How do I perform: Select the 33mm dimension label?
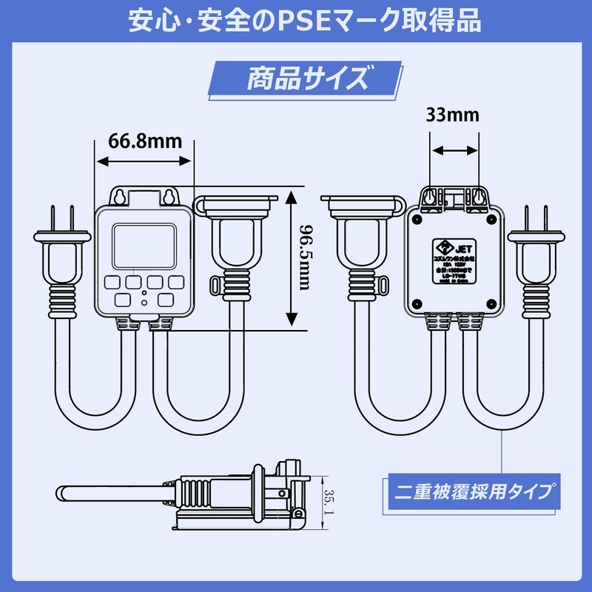pos(452,115)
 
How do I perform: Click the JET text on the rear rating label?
pos(460,248)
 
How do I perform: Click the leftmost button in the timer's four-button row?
pos(112,282)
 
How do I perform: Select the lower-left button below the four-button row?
pos(123,300)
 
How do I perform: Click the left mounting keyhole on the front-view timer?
pos(118,197)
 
